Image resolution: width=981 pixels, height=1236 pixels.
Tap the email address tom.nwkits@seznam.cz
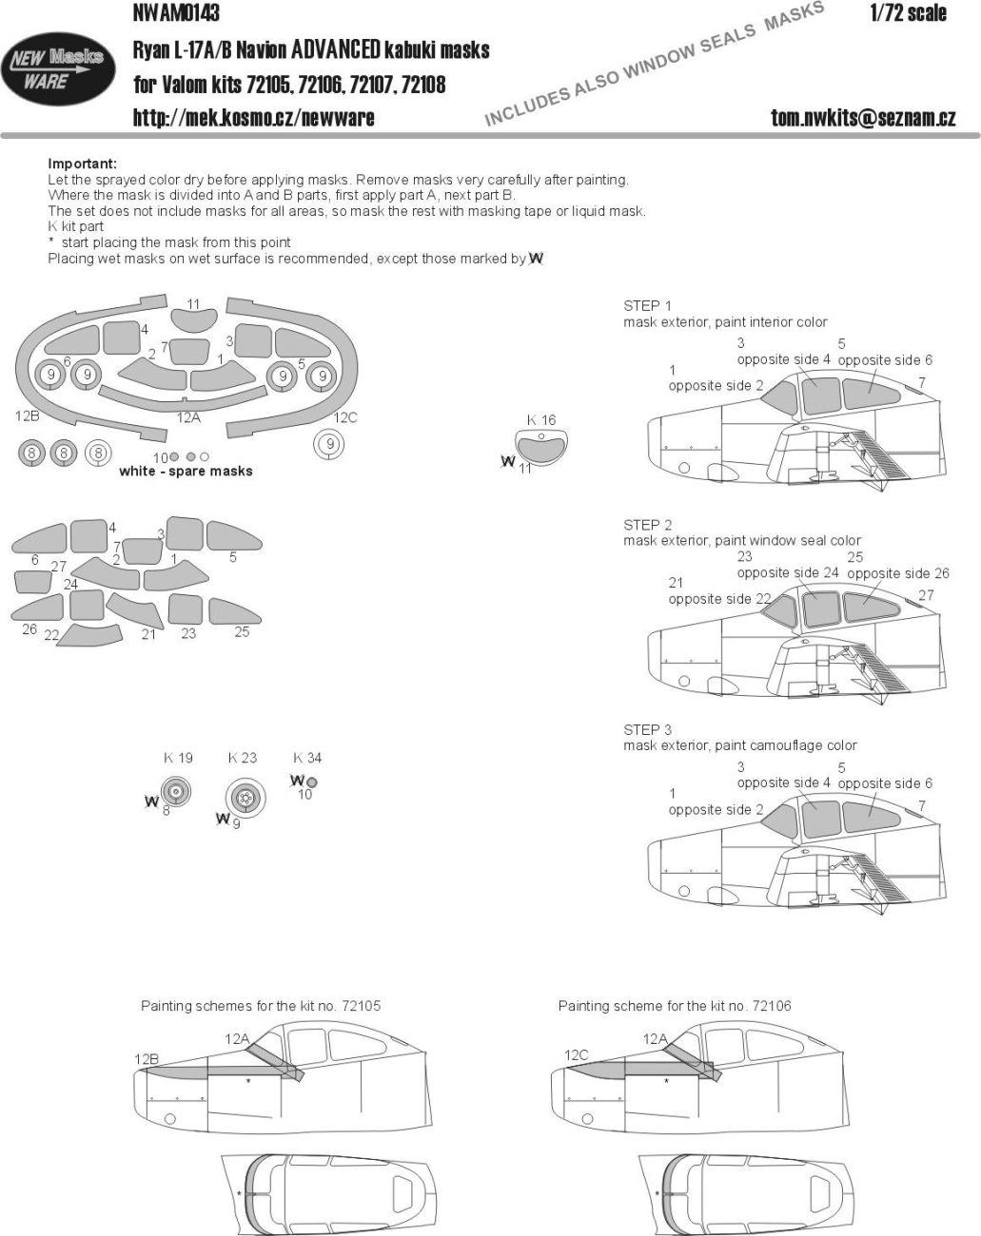pos(863,118)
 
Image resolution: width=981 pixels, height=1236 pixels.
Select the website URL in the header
pos(253,118)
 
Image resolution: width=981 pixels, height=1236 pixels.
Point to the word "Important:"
pos(82,164)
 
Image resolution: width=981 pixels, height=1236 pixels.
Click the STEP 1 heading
pos(647,305)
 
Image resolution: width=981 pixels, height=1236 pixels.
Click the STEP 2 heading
pos(647,525)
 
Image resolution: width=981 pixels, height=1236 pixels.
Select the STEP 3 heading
pos(647,730)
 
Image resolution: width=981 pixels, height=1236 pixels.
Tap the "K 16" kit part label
pos(540,420)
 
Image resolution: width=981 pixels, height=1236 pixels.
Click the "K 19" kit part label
pos(178,758)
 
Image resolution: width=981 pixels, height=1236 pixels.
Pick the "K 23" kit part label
pos(243,758)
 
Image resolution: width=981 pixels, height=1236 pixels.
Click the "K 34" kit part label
pos(307,758)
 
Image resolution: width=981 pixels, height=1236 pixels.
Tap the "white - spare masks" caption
pos(186,472)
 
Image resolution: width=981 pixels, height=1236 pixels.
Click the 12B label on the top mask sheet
pos(27,416)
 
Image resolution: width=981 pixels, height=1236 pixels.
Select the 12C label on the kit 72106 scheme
pos(577,1054)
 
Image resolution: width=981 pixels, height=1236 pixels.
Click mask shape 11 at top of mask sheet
pos(193,322)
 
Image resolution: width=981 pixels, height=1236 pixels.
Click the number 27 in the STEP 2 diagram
pos(926,595)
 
